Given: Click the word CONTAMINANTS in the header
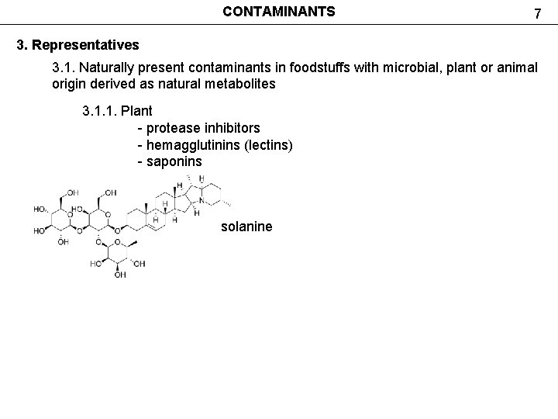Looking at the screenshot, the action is (279, 12).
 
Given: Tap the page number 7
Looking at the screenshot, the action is (536, 13).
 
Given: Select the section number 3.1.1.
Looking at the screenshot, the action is (99, 110).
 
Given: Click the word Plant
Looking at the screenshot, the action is (137, 110).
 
